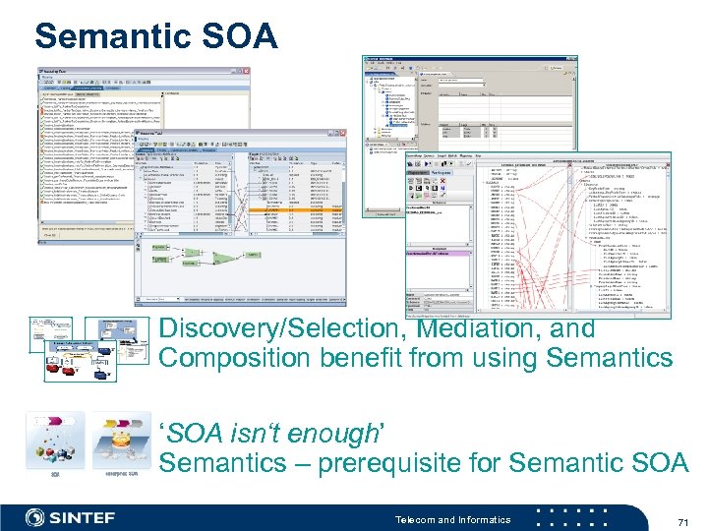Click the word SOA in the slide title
(x=244, y=36)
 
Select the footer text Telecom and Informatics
(x=452, y=519)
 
